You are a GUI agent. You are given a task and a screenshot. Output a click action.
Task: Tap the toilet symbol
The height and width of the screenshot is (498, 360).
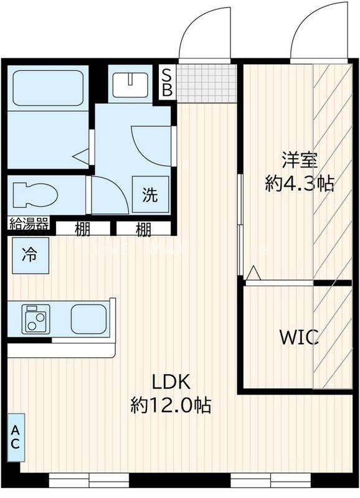click(34, 194)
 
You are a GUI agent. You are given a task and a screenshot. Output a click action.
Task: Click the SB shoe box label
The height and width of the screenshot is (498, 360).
click(167, 82)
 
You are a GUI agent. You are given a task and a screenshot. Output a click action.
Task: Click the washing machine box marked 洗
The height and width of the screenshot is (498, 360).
click(150, 195)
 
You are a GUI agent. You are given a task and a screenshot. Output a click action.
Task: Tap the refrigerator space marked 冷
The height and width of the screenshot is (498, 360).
click(29, 255)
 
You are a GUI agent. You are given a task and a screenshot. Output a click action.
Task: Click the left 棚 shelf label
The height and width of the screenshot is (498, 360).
click(83, 229)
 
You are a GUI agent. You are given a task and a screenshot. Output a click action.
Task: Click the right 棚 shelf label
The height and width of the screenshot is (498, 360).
click(143, 229)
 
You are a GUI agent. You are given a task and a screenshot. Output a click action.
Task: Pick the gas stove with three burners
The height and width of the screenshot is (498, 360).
click(36, 319)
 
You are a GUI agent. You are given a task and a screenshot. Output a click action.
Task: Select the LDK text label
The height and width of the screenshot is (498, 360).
click(170, 382)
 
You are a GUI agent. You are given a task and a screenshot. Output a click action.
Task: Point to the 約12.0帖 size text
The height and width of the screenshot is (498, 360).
click(170, 406)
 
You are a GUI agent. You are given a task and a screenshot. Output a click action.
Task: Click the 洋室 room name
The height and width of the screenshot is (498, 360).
click(299, 160)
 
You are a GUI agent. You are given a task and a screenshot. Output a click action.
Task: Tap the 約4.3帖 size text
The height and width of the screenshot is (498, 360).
click(299, 183)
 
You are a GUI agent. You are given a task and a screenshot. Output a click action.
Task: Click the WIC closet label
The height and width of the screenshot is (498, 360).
click(298, 338)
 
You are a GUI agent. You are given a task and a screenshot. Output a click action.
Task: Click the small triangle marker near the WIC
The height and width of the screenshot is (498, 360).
click(252, 273)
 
